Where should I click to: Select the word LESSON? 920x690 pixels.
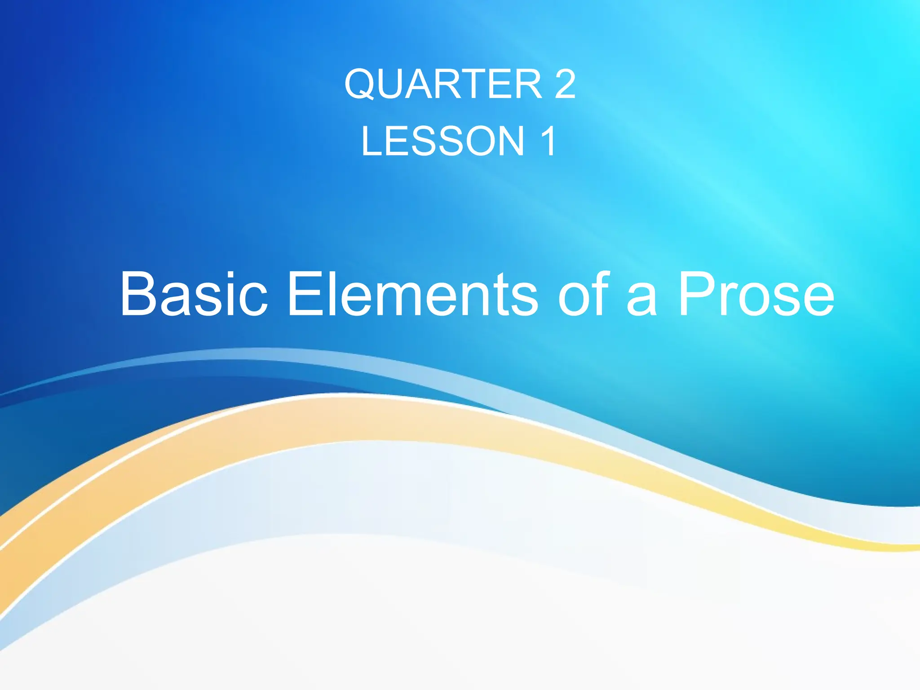click(x=443, y=141)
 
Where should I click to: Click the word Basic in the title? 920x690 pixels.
click(x=194, y=294)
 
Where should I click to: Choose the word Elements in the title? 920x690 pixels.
click(x=412, y=294)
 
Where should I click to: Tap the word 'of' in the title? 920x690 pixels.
click(x=583, y=294)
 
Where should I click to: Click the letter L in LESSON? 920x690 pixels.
click(x=372, y=141)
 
